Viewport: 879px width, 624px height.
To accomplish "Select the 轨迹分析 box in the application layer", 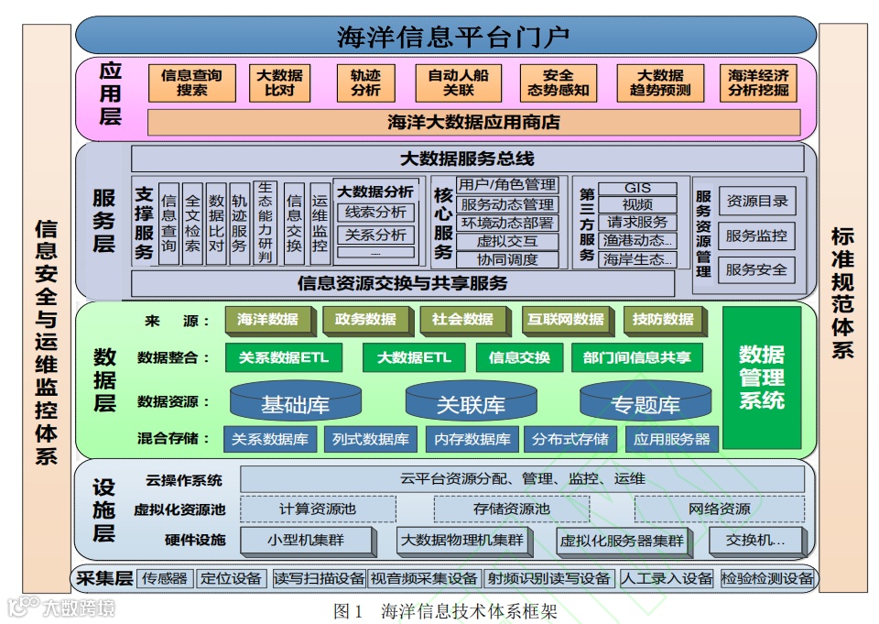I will pos(365,82).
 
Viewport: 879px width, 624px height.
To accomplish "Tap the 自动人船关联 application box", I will pos(458,82).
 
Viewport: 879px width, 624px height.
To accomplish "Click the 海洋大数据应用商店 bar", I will pos(473,122).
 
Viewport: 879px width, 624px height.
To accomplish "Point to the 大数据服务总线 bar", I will pos(467,158).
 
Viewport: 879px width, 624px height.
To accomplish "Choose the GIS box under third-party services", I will pos(637,188).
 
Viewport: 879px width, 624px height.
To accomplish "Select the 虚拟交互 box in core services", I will pos(507,241).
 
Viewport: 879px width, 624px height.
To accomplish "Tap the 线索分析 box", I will pos(375,213).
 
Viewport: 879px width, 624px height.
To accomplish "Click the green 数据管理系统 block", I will pos(762,377).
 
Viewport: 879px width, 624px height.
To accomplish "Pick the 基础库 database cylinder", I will pos(295,403).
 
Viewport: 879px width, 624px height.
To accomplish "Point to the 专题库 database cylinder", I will pos(645,403).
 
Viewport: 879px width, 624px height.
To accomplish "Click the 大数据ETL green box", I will pos(414,357).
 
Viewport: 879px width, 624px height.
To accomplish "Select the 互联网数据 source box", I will pos(565,320).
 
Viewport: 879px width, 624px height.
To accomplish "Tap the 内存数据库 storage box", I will pos(472,439).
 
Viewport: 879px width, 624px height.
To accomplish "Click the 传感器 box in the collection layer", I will pos(165,578).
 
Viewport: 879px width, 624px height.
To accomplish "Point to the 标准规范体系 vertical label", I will pos(842,293).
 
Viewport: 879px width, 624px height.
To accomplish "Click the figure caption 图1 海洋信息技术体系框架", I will pos(446,609).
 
